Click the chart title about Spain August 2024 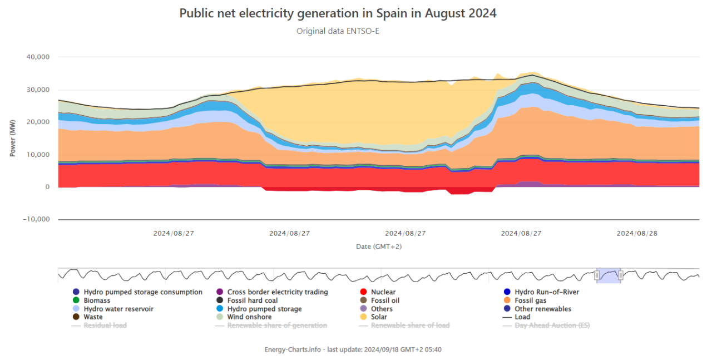pos(338,13)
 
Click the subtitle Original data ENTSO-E pos(338,31)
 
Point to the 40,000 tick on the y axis pos(38,57)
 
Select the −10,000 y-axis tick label pos(37,219)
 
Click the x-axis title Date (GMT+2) pos(379,246)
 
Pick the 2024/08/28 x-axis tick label pos(637,234)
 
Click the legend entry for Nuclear pos(383,292)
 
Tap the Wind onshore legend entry pos(249,317)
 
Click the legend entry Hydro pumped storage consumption pos(142,292)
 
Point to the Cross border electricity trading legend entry pos(277,292)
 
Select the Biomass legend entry pos(97,300)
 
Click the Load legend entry pos(522,317)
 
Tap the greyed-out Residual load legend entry pos(105,325)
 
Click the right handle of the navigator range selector pos(621,274)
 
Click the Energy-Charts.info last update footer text pos(353,349)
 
